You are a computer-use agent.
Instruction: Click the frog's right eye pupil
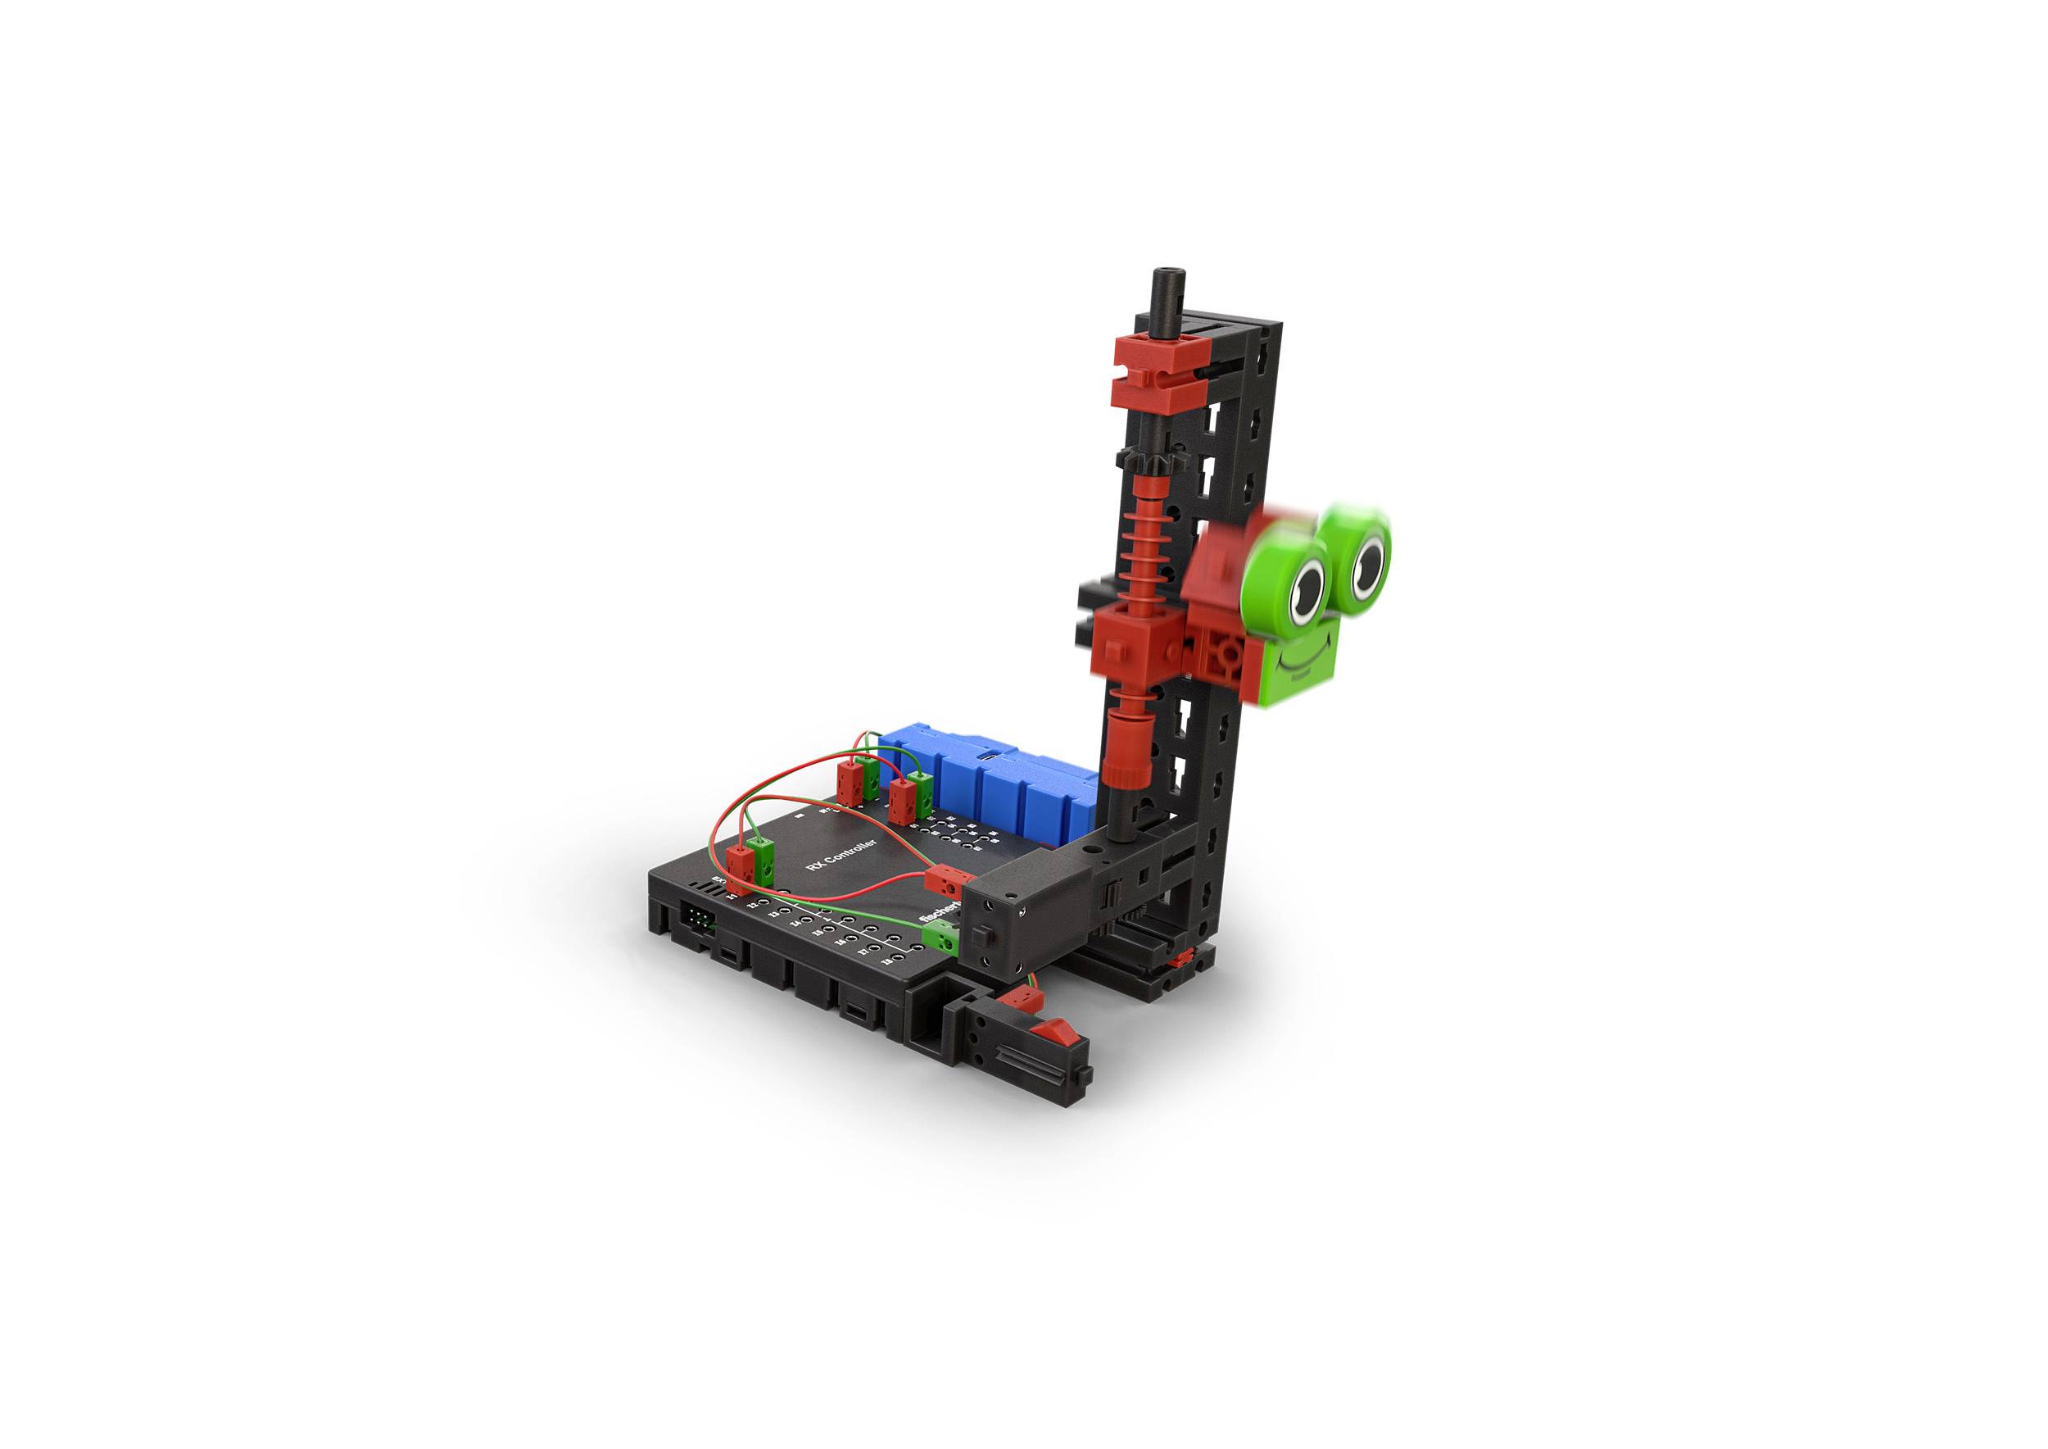(1367, 561)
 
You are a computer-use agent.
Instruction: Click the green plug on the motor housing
(940, 938)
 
